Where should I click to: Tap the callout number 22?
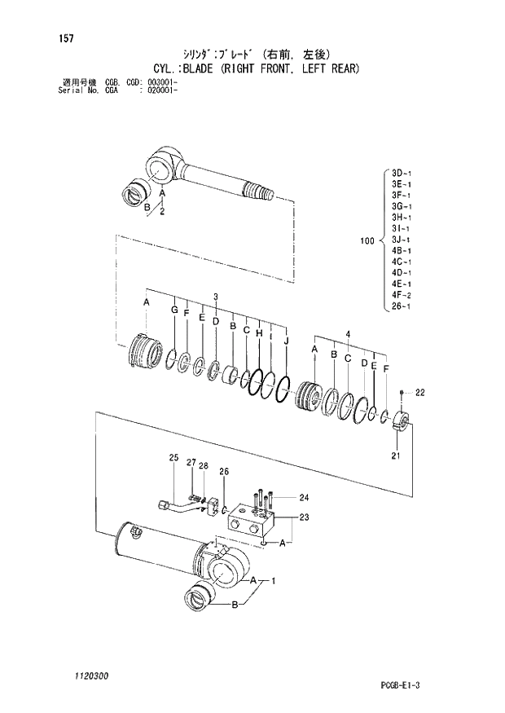420,393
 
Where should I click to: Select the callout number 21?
395,456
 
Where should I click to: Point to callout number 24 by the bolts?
304,497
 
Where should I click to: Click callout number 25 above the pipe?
173,458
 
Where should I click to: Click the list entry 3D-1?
402,174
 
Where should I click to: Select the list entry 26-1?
402,306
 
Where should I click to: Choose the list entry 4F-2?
402,295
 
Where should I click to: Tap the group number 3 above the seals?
216,296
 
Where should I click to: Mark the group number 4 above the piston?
347,334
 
